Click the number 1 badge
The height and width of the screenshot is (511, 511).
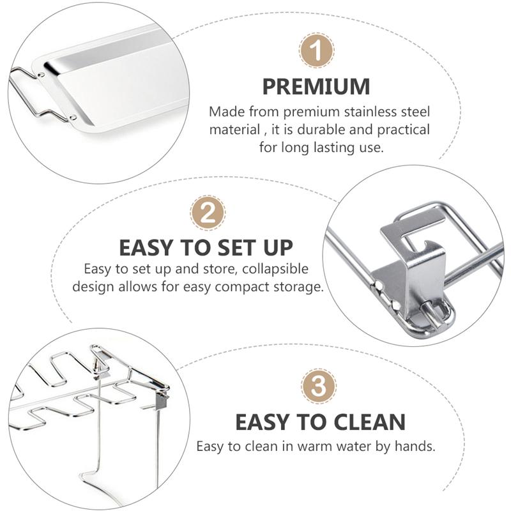316,50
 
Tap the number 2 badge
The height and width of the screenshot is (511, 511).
208,213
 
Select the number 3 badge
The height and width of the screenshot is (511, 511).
318,386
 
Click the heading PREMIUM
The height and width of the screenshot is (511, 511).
316,87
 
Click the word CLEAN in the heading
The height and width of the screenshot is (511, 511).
370,422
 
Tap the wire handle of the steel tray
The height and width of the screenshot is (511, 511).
33,95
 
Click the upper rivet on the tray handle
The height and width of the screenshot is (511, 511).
42,75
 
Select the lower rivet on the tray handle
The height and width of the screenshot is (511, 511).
73,118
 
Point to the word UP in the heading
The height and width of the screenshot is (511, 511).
278,248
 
